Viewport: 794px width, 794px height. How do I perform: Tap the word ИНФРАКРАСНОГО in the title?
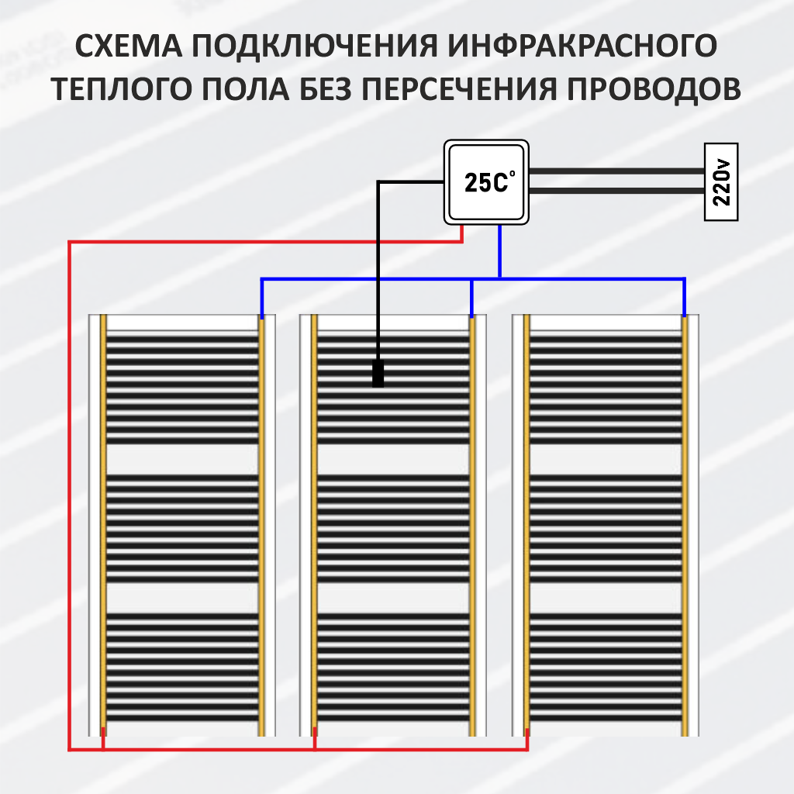581,47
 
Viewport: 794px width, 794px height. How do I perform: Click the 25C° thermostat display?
486,182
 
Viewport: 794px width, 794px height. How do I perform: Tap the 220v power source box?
720,182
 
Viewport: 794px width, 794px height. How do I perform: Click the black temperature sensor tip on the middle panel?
378,374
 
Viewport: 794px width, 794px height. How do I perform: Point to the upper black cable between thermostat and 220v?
616,172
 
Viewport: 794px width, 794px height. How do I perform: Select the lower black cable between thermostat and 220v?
616,191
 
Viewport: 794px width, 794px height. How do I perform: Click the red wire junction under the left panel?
103,750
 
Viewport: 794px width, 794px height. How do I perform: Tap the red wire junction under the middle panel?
315,750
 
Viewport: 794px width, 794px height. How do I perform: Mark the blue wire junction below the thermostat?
500,278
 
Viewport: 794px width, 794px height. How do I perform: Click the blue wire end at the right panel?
684,314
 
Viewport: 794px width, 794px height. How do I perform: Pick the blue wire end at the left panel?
261,314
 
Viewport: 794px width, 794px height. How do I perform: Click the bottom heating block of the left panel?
181,667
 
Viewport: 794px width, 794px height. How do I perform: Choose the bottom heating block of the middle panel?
393,667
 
